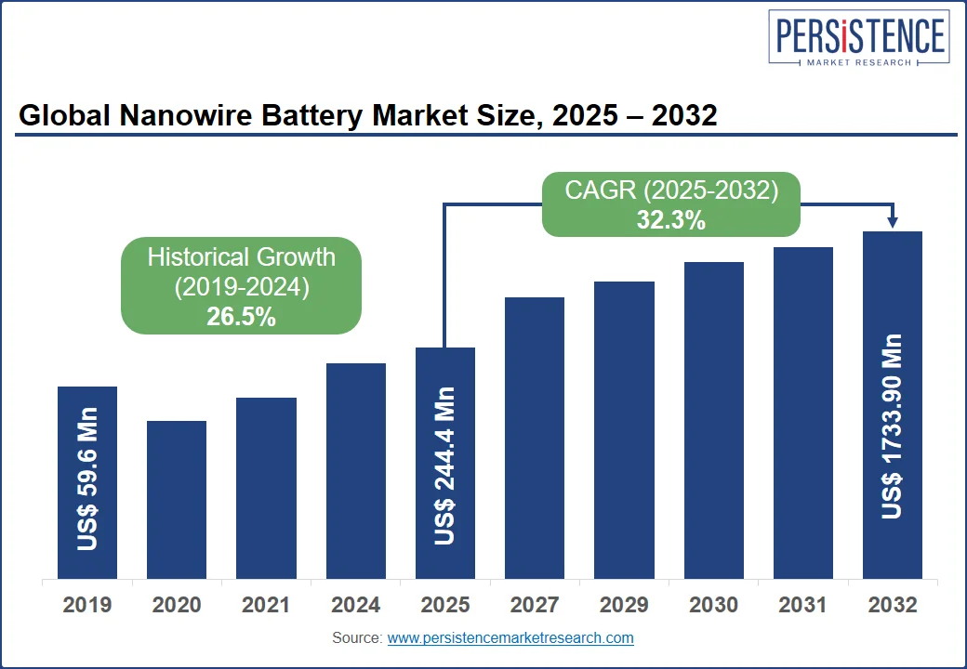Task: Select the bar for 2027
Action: pyautogui.click(x=535, y=438)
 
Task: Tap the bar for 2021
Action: pyautogui.click(x=266, y=488)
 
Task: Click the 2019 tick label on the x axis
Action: pyautogui.click(x=87, y=605)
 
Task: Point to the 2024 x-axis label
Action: pyautogui.click(x=355, y=605)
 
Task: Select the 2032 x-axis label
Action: pyautogui.click(x=893, y=605)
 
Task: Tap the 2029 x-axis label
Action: pyautogui.click(x=624, y=605)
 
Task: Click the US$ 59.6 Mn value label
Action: pyautogui.click(x=87, y=479)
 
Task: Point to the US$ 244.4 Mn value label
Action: pyautogui.click(x=445, y=466)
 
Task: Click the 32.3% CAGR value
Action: pyautogui.click(x=670, y=220)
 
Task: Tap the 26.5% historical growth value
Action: pyautogui.click(x=241, y=317)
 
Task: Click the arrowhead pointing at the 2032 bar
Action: pyautogui.click(x=893, y=222)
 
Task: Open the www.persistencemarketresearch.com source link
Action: pyautogui.click(x=510, y=638)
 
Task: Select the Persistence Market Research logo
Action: pyautogui.click(x=858, y=40)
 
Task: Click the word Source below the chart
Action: pyautogui.click(x=356, y=638)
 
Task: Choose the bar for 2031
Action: pyautogui.click(x=803, y=413)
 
